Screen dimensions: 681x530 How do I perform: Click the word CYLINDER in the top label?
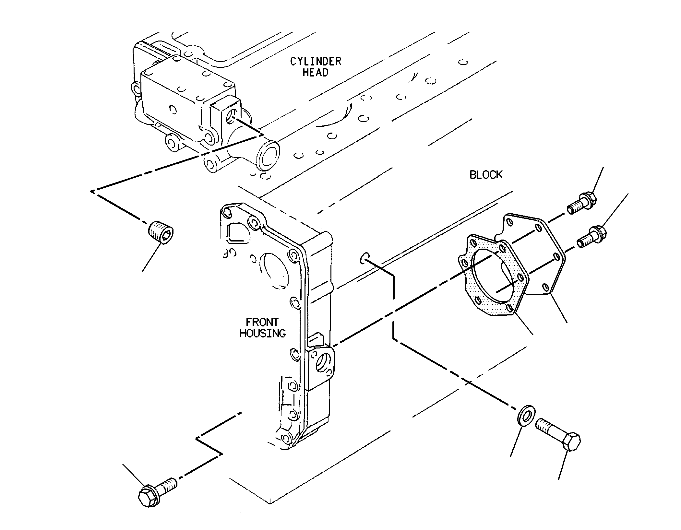pos(316,61)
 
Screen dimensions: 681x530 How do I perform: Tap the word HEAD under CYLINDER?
pos(316,72)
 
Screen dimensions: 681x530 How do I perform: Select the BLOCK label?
pos(486,175)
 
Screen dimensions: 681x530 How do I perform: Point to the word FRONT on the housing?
pos(262,322)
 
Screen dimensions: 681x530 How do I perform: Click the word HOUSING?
pos(262,333)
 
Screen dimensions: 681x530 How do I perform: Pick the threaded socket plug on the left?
pos(161,232)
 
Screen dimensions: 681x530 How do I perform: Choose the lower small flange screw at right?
pos(591,238)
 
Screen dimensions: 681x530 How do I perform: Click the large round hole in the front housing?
pos(276,270)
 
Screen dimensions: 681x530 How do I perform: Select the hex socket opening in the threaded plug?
pos(166,234)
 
